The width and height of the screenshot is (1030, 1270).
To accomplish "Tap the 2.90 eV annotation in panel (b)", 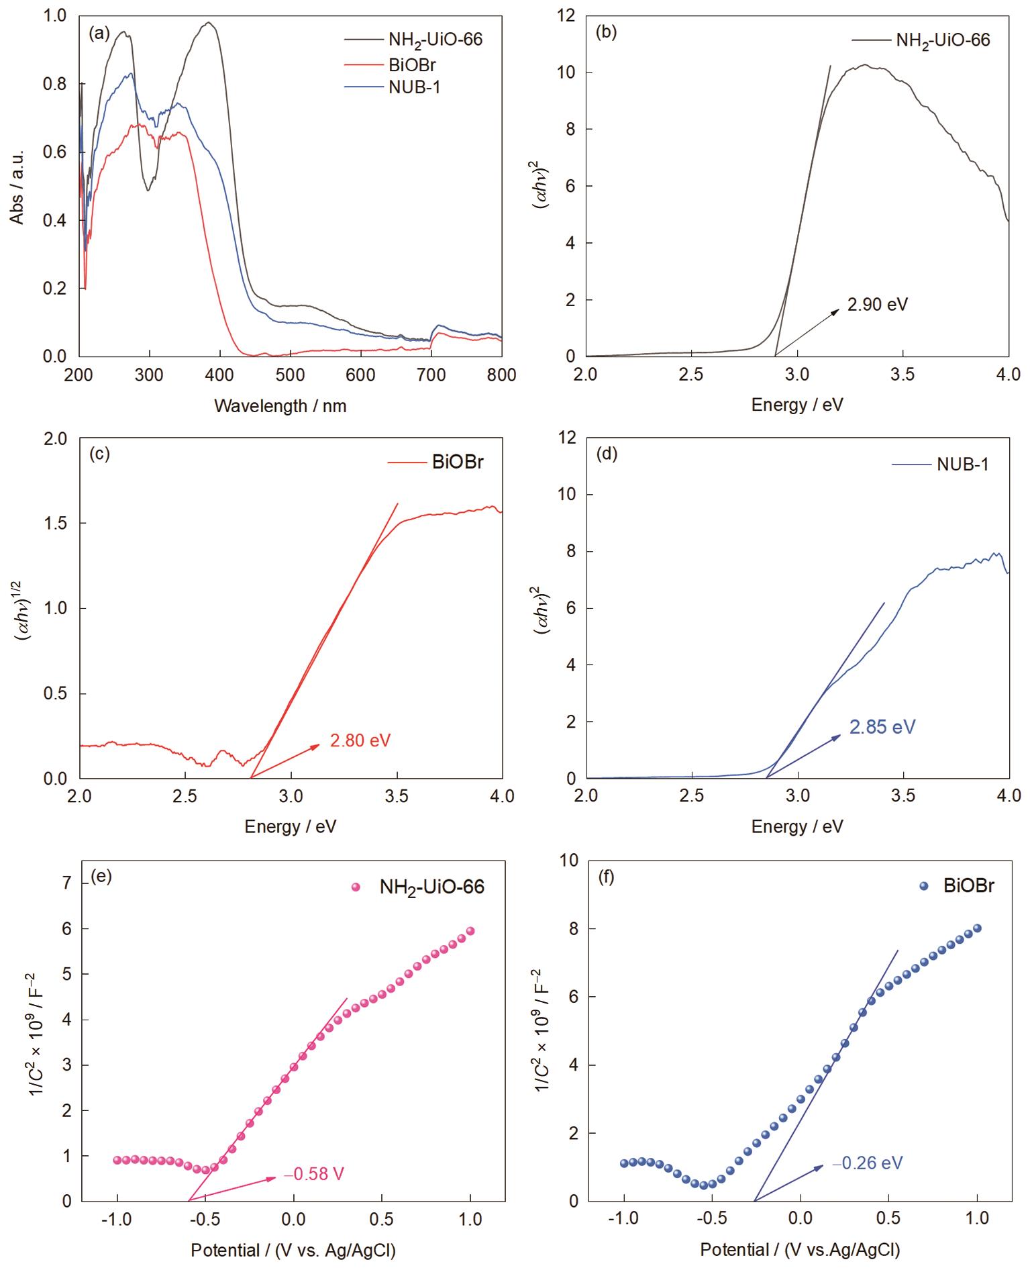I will (877, 305).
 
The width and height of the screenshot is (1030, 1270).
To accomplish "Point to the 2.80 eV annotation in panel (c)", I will (360, 740).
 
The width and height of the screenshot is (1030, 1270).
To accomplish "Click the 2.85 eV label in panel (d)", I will (882, 727).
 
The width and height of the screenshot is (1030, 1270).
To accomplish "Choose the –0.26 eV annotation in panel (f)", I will (867, 1163).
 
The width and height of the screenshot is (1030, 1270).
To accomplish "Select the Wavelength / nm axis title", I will (280, 405).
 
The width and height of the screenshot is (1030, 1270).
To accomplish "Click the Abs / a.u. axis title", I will (17, 187).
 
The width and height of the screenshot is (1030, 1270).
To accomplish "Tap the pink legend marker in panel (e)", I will (356, 887).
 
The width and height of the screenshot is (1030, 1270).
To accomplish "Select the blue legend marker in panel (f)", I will (923, 885).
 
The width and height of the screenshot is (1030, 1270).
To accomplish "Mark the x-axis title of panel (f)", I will (799, 1249).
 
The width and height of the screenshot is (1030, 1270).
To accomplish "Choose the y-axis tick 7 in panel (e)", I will (66, 883).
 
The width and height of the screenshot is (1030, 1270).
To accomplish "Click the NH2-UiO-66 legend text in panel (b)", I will (943, 40).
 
